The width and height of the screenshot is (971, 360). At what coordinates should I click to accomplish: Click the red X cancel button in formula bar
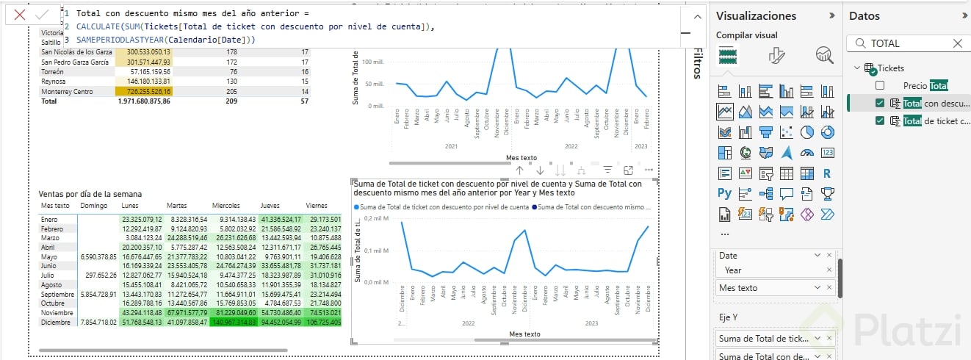point(20,14)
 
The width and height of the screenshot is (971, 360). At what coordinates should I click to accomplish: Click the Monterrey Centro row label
point(67,91)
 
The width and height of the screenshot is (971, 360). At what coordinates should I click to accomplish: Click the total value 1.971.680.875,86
point(144,101)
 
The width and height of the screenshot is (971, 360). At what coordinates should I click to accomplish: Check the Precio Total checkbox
point(880,85)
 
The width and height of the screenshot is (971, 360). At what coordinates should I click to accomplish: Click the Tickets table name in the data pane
point(891,68)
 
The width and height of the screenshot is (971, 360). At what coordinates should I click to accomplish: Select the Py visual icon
point(725,194)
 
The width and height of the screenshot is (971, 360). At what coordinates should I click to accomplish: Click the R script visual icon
point(827,173)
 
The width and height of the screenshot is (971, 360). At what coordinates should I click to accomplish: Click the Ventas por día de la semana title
point(90,194)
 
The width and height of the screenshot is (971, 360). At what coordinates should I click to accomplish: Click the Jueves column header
point(270,206)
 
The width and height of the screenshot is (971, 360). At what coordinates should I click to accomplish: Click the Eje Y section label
point(727,317)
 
